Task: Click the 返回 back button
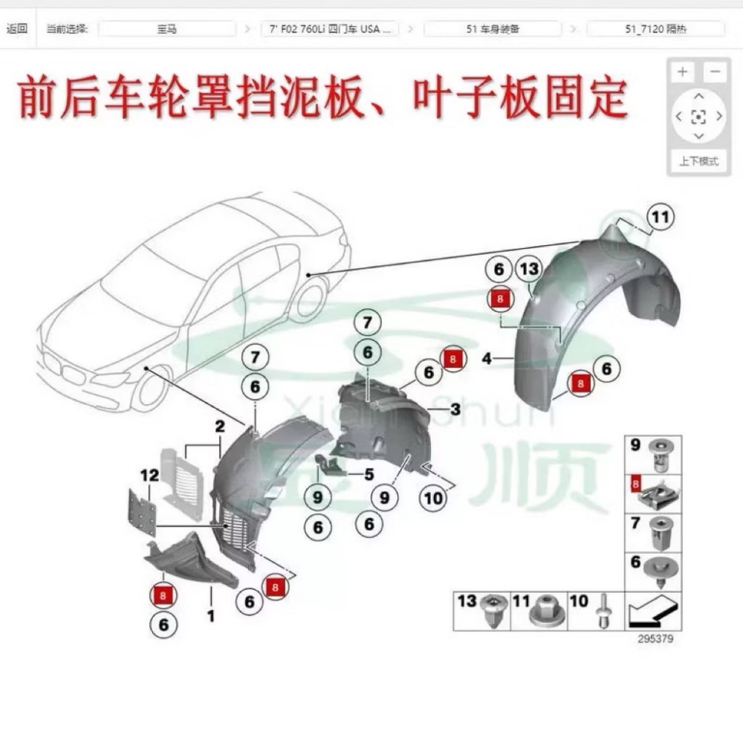click(16, 29)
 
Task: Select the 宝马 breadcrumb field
click(167, 29)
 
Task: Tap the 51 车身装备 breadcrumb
click(492, 29)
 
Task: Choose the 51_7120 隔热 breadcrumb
click(655, 29)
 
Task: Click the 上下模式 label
click(698, 160)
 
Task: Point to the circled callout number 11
click(659, 217)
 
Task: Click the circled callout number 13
click(529, 269)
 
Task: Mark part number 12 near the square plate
click(149, 475)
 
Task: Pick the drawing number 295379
click(655, 639)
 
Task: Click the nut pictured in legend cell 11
click(543, 612)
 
